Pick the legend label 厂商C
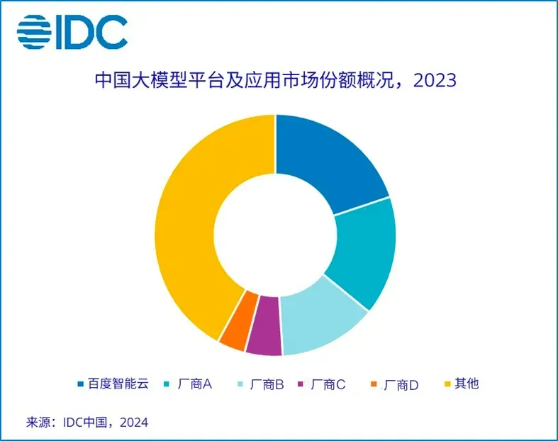(x=329, y=384)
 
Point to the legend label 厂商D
(x=401, y=385)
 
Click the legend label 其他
(x=467, y=384)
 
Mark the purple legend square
(x=302, y=385)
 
